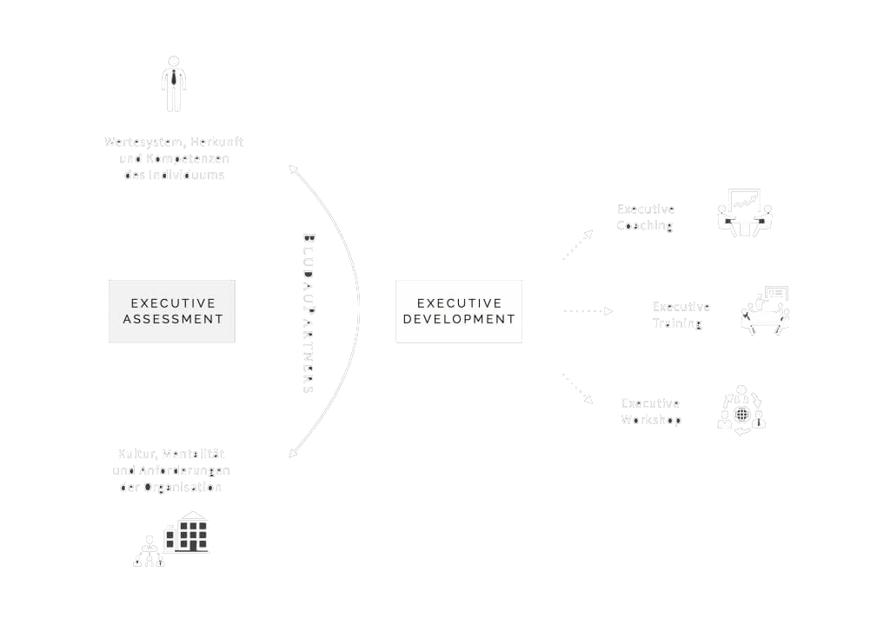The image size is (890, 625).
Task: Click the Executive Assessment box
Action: coord(172,311)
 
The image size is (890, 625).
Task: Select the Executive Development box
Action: coord(459,311)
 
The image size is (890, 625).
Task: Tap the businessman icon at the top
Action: coord(174,84)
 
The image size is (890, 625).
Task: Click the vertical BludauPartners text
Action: coord(308,313)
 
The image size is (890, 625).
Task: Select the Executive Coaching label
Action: coord(646,217)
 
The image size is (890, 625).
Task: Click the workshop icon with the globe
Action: coord(741,410)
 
